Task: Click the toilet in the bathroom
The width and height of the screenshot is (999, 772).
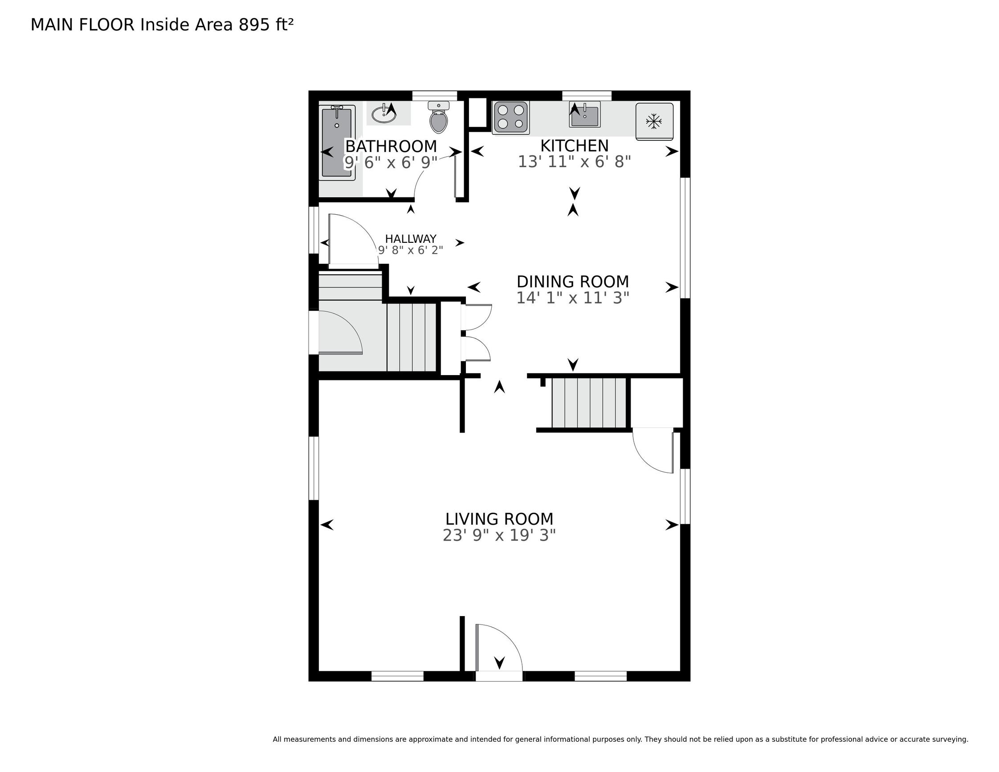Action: [x=439, y=117]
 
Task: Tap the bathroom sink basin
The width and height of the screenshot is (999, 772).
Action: [x=384, y=114]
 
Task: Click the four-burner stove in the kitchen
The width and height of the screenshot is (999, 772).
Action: [x=511, y=118]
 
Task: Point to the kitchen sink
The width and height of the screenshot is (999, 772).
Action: [x=585, y=114]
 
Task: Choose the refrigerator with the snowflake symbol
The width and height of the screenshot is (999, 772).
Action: [x=654, y=121]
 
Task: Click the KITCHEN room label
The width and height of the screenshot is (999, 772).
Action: [x=575, y=146]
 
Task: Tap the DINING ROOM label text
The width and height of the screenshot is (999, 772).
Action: [x=573, y=282]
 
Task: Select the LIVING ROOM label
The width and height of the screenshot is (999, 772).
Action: [x=500, y=519]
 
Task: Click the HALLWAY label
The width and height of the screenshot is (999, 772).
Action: [x=411, y=239]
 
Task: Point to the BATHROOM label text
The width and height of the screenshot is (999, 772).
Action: [x=391, y=147]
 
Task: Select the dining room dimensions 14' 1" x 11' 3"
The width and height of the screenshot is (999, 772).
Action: [x=573, y=298]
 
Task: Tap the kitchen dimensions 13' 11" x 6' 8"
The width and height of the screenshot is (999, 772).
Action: [x=575, y=162]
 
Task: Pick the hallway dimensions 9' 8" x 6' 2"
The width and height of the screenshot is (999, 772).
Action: [x=411, y=250]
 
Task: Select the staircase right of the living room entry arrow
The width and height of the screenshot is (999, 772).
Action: [x=589, y=403]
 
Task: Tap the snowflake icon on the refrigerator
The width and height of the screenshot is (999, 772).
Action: [x=654, y=121]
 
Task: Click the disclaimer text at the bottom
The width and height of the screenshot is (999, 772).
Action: [x=620, y=739]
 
